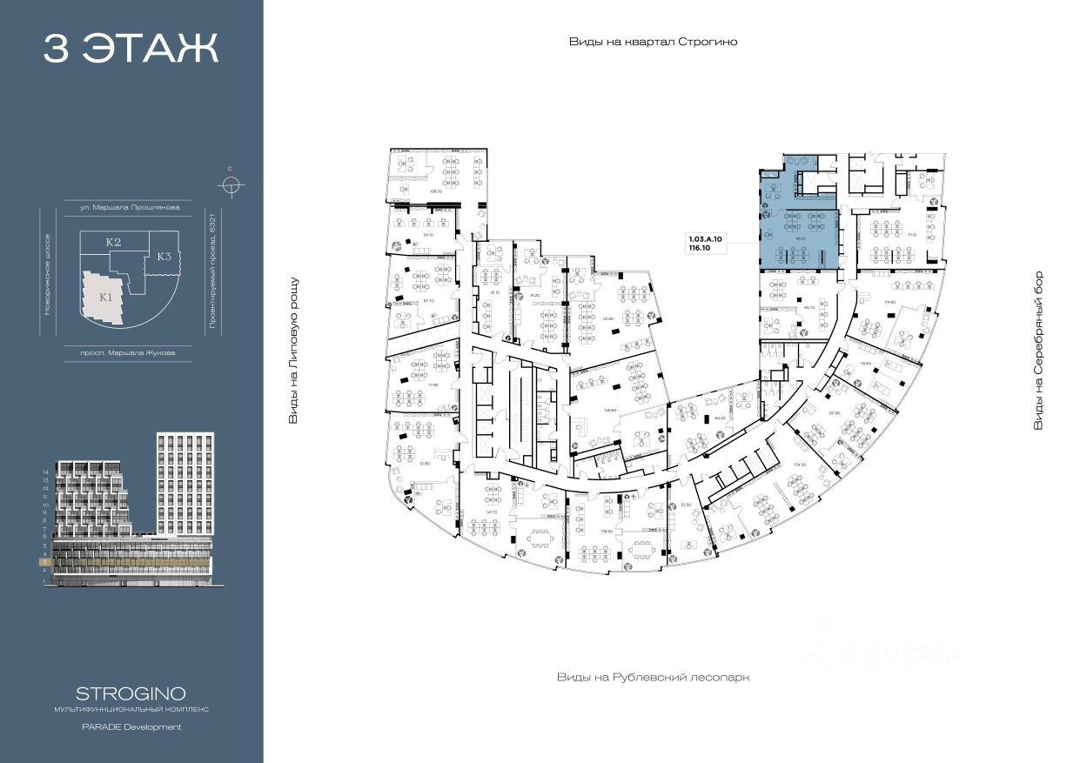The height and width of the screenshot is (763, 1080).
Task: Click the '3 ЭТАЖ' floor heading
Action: pos(131,49)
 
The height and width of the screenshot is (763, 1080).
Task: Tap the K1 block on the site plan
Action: pos(105,296)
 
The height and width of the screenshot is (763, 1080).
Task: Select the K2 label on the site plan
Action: pos(113,242)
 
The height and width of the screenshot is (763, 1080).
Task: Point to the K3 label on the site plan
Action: pos(164,257)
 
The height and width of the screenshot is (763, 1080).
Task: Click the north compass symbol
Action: pos(231,184)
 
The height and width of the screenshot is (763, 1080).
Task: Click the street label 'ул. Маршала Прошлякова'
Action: pos(131,208)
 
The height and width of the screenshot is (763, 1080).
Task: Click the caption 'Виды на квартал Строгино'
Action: pos(653,42)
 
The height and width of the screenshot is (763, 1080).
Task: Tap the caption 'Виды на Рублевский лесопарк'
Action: pos(653,676)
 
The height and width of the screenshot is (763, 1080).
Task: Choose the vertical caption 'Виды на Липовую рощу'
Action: pos(293,351)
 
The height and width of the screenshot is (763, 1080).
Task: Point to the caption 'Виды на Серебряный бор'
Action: pos(1037,351)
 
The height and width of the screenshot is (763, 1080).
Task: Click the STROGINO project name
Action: pos(131,693)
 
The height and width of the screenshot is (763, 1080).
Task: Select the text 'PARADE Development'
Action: pos(131,726)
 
